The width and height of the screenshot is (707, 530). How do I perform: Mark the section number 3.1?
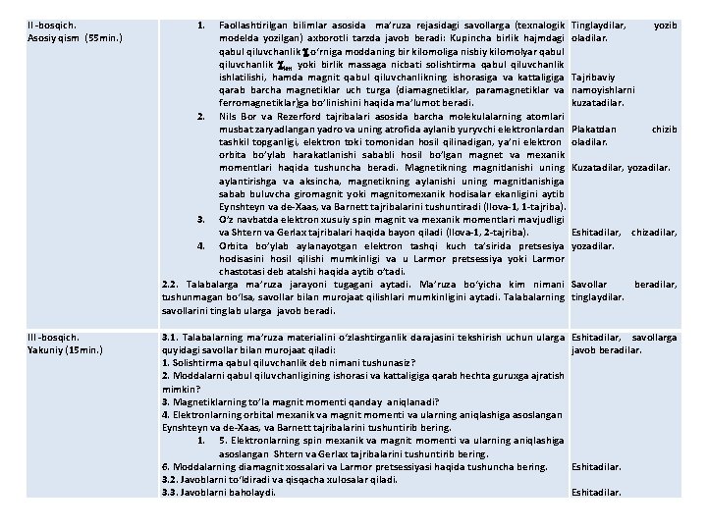point(170,337)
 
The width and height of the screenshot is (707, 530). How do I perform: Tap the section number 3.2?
point(170,479)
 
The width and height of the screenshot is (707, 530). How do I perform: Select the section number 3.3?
point(170,492)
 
